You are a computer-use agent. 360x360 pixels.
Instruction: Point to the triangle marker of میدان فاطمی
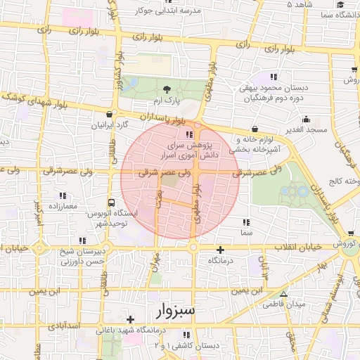click(283, 295)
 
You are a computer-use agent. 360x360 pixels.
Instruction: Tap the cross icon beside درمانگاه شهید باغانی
click(130, 320)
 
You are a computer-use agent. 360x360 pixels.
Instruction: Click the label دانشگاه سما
click(335, 15)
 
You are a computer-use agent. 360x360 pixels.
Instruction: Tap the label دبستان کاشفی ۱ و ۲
click(196, 346)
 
